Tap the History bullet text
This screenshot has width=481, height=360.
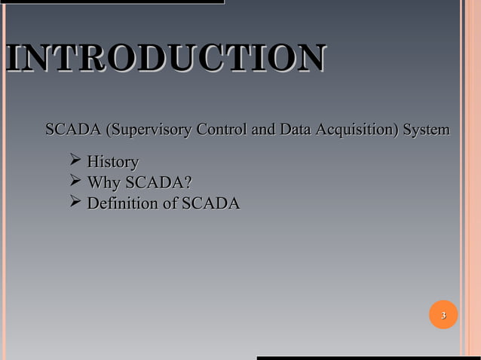(x=112, y=162)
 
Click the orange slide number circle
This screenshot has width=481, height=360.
(x=443, y=314)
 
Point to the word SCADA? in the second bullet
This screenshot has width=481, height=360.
(x=158, y=183)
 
